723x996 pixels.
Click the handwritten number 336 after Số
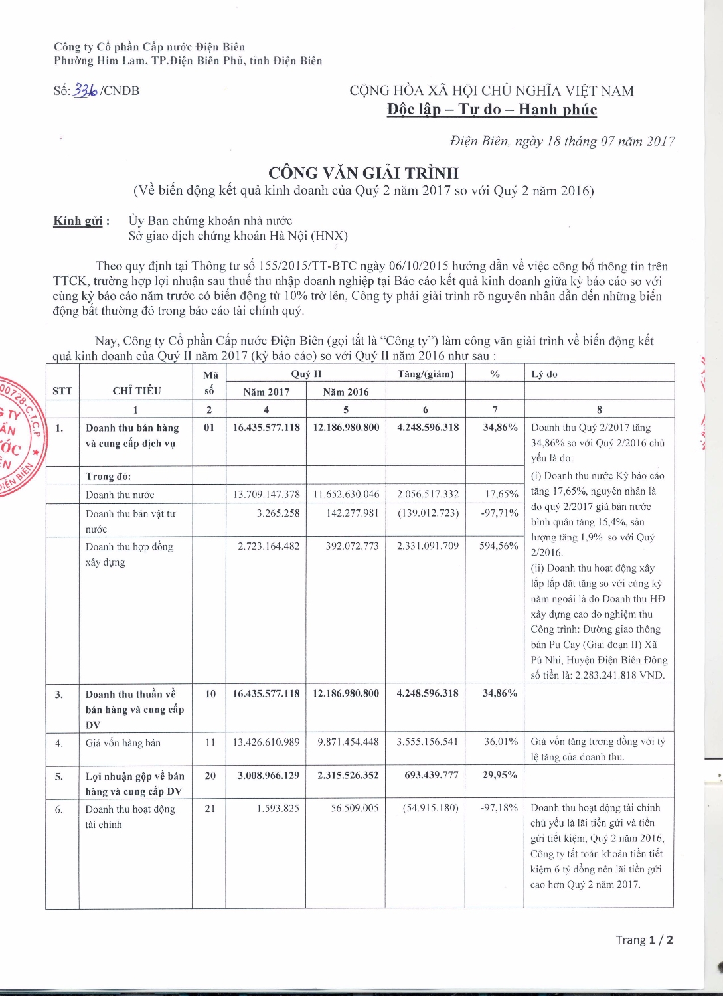click(86, 91)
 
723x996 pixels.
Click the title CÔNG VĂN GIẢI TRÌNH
click(363, 173)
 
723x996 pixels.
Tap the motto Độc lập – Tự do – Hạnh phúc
click(491, 110)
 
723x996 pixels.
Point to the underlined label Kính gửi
click(78, 221)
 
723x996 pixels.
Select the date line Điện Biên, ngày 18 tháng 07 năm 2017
click(562, 141)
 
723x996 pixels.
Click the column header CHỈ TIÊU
click(136, 390)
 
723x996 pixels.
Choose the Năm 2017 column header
click(266, 392)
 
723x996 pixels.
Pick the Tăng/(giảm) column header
click(426, 374)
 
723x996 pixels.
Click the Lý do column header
click(544, 374)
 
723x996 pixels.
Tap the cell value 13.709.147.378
click(266, 494)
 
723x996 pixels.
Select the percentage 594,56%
click(499, 546)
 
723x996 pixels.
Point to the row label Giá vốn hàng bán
click(123, 743)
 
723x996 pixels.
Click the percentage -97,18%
click(499, 808)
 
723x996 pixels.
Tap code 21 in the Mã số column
click(210, 808)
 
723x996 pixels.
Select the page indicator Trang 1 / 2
click(644, 940)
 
